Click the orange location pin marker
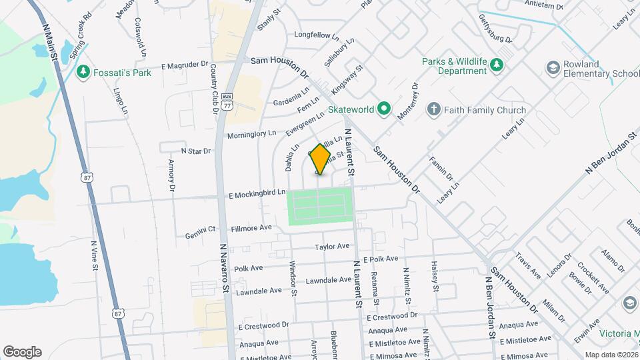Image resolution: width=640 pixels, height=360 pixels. pos(321,159)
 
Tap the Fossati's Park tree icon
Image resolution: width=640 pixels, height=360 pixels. pos(83,71)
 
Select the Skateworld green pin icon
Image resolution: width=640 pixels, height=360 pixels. pos(383,108)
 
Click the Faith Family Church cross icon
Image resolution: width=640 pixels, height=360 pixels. pos(433,109)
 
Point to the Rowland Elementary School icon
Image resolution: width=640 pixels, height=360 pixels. pos(553,67)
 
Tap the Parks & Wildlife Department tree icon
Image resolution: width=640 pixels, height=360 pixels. pos(496,65)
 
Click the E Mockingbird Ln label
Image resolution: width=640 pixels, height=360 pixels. pos(256,194)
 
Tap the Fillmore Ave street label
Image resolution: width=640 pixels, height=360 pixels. pos(251,227)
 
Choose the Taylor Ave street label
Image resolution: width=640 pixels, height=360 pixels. pos(333,247)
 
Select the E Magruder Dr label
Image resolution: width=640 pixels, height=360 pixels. pos(185,65)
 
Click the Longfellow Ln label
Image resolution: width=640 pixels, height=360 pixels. pos(317,34)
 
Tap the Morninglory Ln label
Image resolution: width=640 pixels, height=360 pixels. pos(252,133)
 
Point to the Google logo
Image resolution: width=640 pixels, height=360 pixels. pos(22,351)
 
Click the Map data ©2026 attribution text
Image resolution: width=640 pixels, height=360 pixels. pos(611,355)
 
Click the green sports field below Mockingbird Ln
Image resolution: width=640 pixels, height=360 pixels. pos(319,207)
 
